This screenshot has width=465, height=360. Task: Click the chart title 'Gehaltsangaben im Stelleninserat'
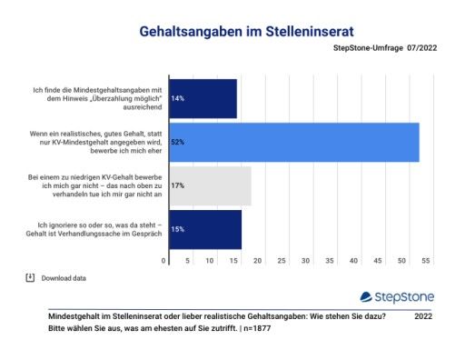(232, 32)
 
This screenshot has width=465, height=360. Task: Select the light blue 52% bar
(292, 142)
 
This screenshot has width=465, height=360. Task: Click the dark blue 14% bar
(201, 97)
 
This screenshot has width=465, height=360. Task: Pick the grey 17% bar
(208, 185)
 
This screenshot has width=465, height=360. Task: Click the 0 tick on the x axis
(164, 261)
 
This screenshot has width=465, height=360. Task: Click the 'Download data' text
(64, 278)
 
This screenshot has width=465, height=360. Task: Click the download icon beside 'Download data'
(30, 277)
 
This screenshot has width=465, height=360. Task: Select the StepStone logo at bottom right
(398, 296)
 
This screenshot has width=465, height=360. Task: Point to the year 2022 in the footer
(423, 315)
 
